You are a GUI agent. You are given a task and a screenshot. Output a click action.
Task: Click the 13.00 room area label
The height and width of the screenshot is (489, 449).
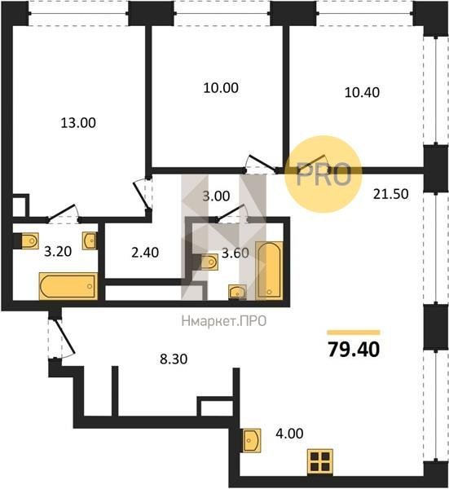(x=78, y=123)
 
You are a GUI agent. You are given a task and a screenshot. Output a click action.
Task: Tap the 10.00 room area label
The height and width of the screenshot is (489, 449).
(x=221, y=88)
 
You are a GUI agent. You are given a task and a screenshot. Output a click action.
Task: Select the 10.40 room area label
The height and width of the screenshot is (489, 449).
(x=362, y=92)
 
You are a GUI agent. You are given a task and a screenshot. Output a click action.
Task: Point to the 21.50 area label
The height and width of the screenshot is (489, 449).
(x=391, y=194)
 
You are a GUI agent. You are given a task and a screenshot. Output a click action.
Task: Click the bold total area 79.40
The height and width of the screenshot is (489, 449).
(x=354, y=350)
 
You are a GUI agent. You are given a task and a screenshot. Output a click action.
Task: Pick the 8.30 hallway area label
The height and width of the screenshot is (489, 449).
(x=174, y=359)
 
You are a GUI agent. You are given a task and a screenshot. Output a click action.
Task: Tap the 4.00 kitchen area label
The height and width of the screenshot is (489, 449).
(x=289, y=434)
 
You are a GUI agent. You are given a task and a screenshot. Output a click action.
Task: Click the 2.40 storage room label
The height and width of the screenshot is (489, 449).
(x=145, y=253)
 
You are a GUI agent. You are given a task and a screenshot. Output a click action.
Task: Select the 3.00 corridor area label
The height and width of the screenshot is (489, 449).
(x=216, y=196)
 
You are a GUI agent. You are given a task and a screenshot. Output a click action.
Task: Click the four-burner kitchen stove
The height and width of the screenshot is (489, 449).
(x=320, y=461)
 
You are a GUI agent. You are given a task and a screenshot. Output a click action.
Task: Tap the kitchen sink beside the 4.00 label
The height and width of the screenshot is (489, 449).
(x=252, y=440)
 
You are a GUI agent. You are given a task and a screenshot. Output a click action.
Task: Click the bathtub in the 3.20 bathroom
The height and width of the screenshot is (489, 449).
(x=68, y=286)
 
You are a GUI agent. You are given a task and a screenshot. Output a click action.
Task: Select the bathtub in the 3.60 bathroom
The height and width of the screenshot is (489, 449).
(x=269, y=271)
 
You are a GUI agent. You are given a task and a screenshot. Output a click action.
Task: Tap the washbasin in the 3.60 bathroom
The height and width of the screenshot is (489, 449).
(x=237, y=292)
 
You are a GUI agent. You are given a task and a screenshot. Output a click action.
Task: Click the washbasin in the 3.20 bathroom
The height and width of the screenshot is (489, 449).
(x=90, y=240)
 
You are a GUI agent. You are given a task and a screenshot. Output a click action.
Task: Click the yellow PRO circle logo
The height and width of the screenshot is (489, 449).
(x=324, y=174)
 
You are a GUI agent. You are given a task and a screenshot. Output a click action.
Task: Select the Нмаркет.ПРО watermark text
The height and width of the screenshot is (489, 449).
(x=224, y=321)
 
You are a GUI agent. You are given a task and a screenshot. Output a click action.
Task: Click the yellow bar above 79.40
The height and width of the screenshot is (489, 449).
(x=354, y=333)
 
